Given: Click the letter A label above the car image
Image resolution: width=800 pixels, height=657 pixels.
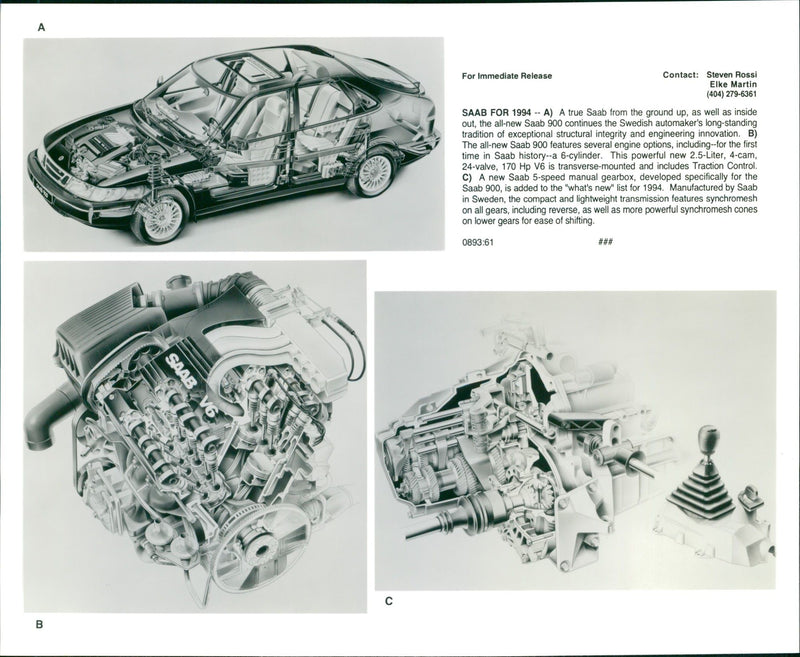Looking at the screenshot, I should click(x=41, y=28).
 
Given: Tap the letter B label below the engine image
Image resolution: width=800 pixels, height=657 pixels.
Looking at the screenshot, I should click(x=39, y=625).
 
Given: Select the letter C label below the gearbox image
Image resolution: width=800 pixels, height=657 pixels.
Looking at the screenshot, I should click(x=389, y=601).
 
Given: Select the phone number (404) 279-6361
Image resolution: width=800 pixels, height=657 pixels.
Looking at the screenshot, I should click(x=728, y=95).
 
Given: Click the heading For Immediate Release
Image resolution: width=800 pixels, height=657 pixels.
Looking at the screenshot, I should click(x=506, y=76).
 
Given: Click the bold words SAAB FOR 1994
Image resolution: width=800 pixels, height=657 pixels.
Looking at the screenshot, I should click(x=497, y=113).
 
